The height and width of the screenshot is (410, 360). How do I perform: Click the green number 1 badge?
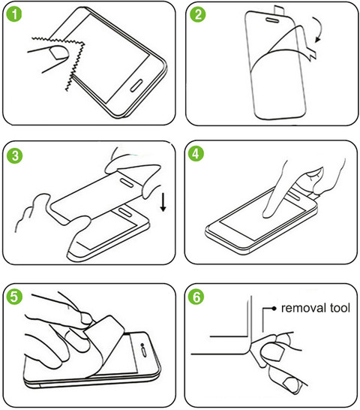click(x=14, y=14)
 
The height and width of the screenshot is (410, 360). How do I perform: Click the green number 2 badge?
click(x=198, y=14)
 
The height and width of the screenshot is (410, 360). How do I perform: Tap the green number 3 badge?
click(x=15, y=156)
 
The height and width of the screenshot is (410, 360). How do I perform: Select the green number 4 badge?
click(x=196, y=154)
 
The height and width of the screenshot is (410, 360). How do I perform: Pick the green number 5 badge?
click(x=14, y=297)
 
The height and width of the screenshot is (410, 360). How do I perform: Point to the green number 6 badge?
click(x=196, y=297)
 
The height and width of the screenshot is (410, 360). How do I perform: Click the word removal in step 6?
click(x=303, y=308)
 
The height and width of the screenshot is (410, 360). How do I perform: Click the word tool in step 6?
click(x=340, y=308)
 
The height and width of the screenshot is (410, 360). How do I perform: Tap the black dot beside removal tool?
click(x=274, y=309)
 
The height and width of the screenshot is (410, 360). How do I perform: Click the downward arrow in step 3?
click(x=163, y=202)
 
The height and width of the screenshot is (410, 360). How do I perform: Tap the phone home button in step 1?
click(x=136, y=86)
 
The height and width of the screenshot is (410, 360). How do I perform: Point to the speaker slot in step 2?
click(x=272, y=20)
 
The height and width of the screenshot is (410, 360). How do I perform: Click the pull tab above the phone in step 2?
click(x=279, y=10)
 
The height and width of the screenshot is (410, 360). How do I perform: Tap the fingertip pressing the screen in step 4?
click(x=268, y=213)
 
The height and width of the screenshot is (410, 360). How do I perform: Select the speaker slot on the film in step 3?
click(x=127, y=182)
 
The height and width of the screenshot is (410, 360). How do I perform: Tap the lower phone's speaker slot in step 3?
click(x=125, y=213)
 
